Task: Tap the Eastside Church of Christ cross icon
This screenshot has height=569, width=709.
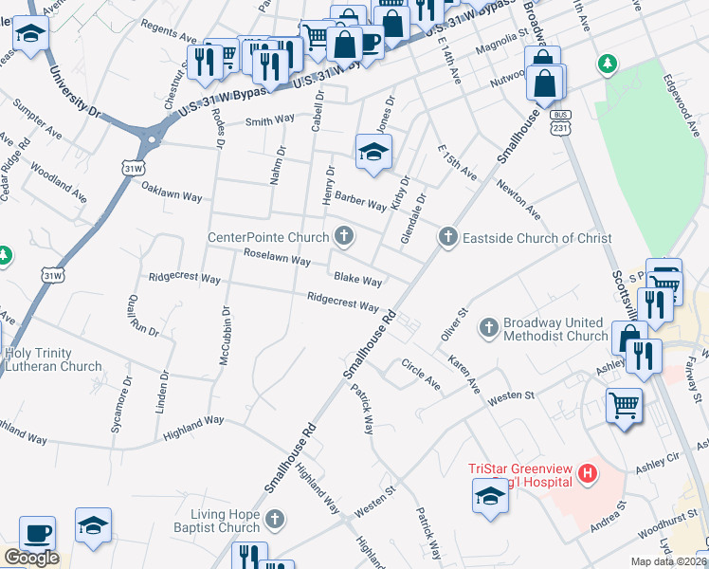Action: coord(447,237)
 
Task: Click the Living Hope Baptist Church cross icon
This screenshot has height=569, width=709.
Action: coord(274,519)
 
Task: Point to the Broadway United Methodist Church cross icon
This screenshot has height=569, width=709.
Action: coord(489,328)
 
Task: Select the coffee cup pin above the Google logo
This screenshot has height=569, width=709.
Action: coord(37,533)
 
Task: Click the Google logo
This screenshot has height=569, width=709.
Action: coord(30,558)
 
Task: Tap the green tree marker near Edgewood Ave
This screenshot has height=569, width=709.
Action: coord(606,64)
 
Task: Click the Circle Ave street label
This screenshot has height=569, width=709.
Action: coord(421,375)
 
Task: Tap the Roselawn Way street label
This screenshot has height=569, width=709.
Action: coord(277,258)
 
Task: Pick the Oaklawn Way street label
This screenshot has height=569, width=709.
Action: coord(172,192)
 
